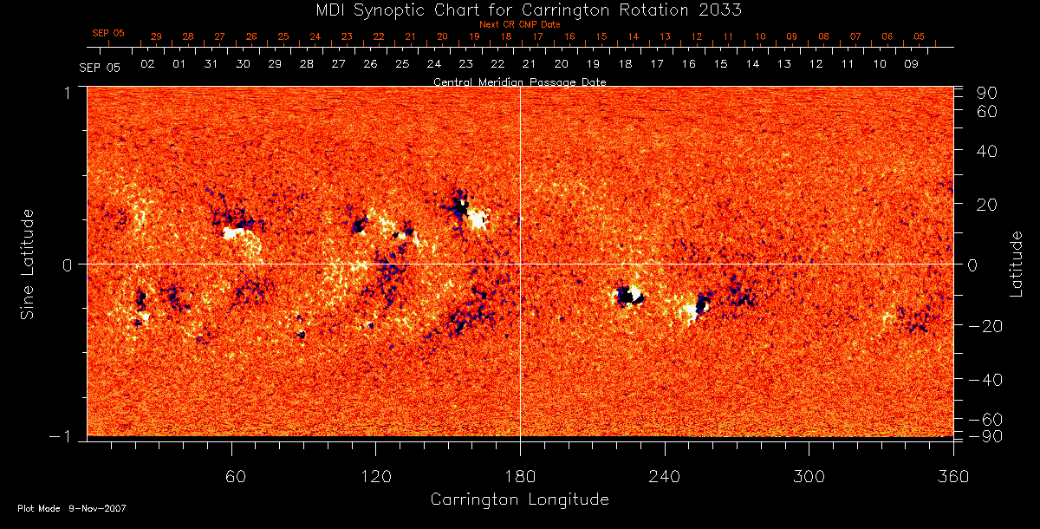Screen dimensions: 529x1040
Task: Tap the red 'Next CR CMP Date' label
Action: [x=519, y=25]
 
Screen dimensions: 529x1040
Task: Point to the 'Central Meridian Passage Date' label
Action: [x=519, y=82]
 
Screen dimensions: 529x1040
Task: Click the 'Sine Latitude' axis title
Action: [x=29, y=264]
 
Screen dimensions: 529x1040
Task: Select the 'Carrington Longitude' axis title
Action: [x=519, y=500]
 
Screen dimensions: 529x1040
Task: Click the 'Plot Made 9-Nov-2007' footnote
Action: [x=72, y=508]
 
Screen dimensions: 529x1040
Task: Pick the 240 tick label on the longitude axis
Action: [x=664, y=476]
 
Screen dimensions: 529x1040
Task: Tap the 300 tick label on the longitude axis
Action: [x=809, y=476]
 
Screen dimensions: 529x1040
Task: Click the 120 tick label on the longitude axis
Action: [x=375, y=476]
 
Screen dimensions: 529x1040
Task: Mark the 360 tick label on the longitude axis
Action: [x=952, y=476]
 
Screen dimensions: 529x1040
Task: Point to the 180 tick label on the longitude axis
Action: [x=520, y=476]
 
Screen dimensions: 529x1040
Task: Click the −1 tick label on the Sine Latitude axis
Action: [x=64, y=436]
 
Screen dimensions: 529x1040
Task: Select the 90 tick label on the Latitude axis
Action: [x=990, y=93]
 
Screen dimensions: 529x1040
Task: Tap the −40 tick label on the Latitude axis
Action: [x=985, y=380]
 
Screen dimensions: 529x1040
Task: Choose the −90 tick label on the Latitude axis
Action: [x=985, y=435]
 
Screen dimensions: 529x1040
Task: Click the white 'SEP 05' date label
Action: [x=100, y=66]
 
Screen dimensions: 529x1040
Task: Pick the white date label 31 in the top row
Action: [x=211, y=65]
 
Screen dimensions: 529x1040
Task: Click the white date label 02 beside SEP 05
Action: [x=147, y=65]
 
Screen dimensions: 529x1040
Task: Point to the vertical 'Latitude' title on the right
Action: [x=1017, y=264]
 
